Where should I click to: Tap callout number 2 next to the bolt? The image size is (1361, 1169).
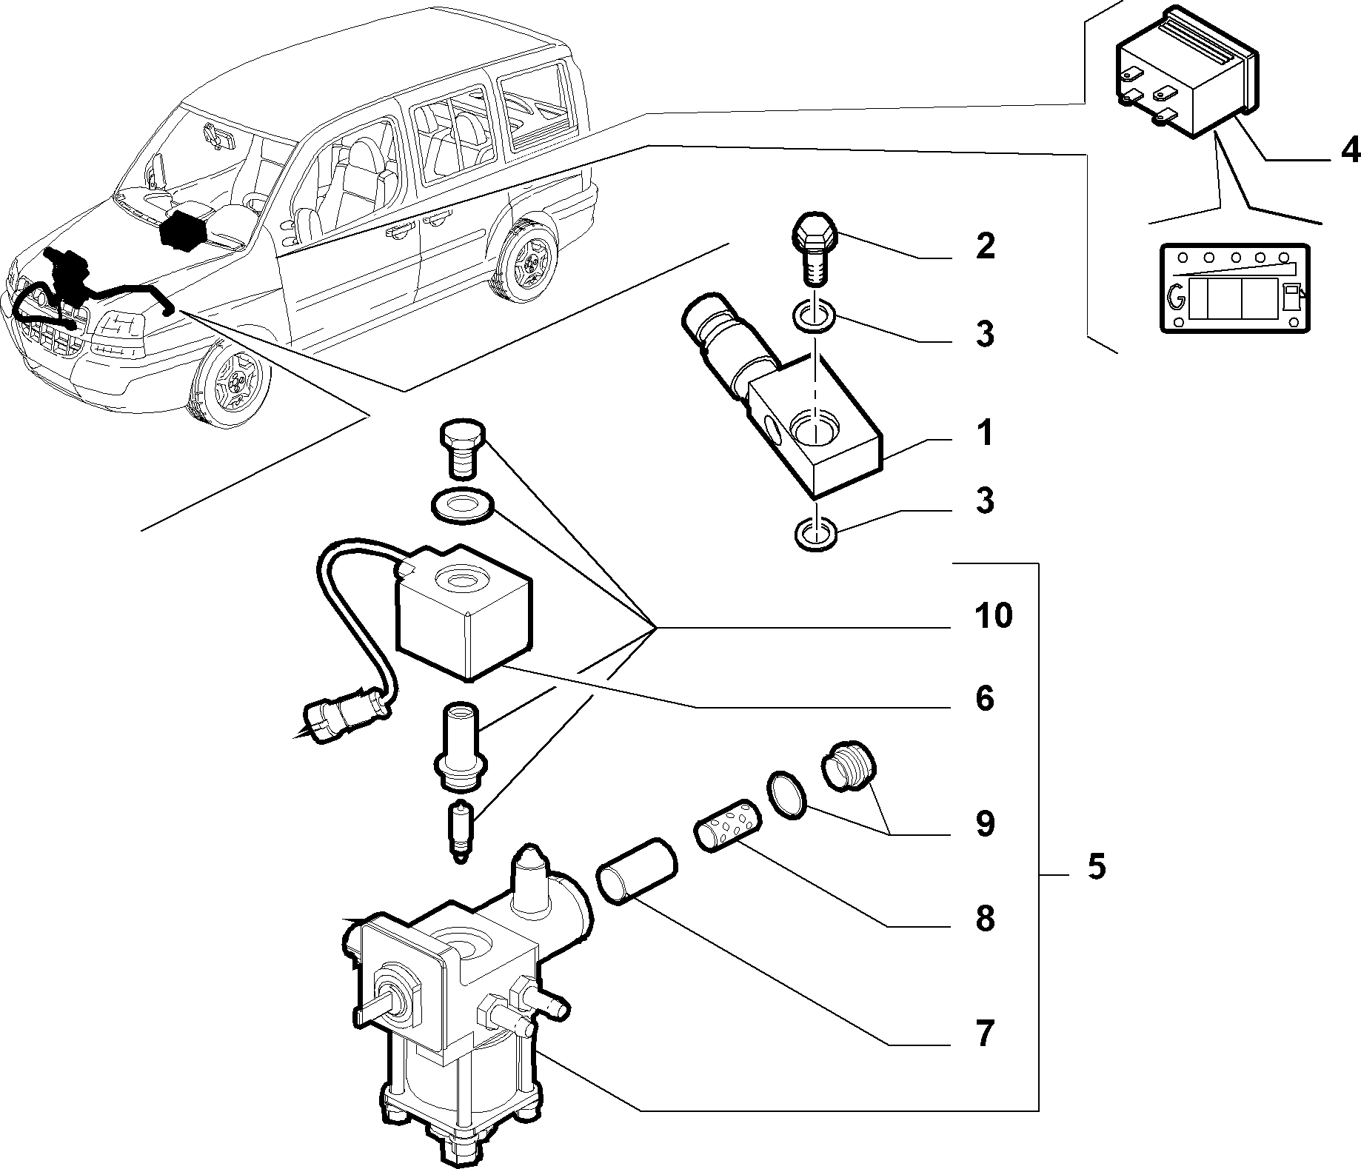click(x=984, y=247)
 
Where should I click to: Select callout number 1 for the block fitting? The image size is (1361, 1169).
click(x=983, y=434)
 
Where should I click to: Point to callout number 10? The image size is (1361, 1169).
click(x=992, y=615)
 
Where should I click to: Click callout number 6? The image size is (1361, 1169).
click(x=984, y=698)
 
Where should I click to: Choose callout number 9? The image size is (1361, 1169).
click(x=984, y=823)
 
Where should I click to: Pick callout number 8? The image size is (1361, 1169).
click(x=984, y=918)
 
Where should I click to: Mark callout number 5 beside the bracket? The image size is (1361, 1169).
click(x=1097, y=866)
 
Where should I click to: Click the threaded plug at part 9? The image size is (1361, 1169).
click(x=849, y=765)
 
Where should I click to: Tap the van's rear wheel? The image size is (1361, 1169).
click(x=526, y=255)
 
